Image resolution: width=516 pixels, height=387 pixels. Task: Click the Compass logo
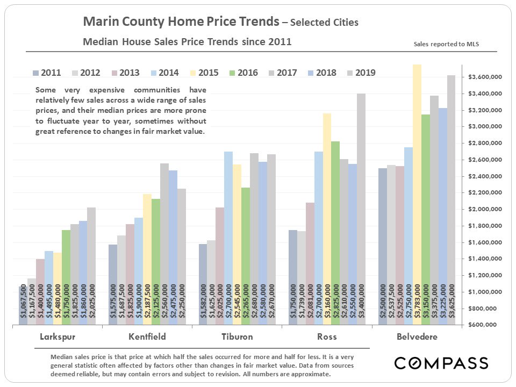pyautogui.click(x=441, y=363)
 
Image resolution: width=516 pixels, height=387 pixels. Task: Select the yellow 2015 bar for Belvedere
pyautogui.click(x=417, y=193)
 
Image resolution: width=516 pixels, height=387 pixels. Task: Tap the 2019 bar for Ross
pyautogui.click(x=361, y=210)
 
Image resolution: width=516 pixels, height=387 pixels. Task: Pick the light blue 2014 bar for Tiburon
pyautogui.click(x=228, y=236)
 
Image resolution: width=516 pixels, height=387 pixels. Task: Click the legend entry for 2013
pyautogui.click(x=125, y=73)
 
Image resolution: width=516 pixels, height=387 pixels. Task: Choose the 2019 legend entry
pyautogui.click(x=361, y=73)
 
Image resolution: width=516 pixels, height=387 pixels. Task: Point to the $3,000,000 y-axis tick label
pyautogui.click(x=485, y=127)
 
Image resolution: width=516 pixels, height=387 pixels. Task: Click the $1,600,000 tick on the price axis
pyautogui.click(x=485, y=242)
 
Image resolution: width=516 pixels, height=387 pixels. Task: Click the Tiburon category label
pyautogui.click(x=237, y=337)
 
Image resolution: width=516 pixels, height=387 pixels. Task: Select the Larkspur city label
pyautogui.click(x=58, y=337)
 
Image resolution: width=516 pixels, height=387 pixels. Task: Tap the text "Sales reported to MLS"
pyautogui.click(x=446, y=44)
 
